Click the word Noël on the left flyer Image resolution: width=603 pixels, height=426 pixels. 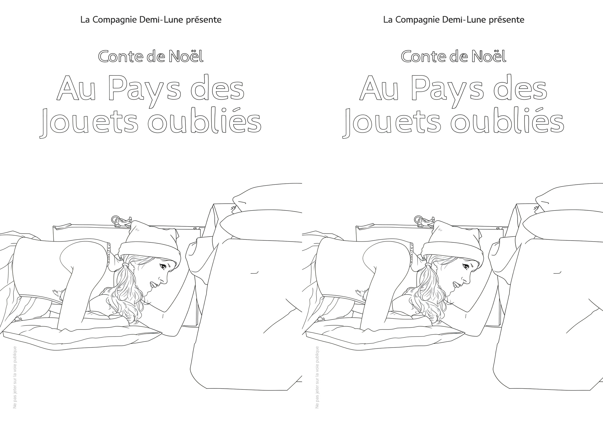186,56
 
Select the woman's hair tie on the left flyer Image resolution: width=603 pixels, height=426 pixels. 125,264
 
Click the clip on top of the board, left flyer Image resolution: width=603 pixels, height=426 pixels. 121,221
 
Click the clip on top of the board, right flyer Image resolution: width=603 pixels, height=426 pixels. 424,221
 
